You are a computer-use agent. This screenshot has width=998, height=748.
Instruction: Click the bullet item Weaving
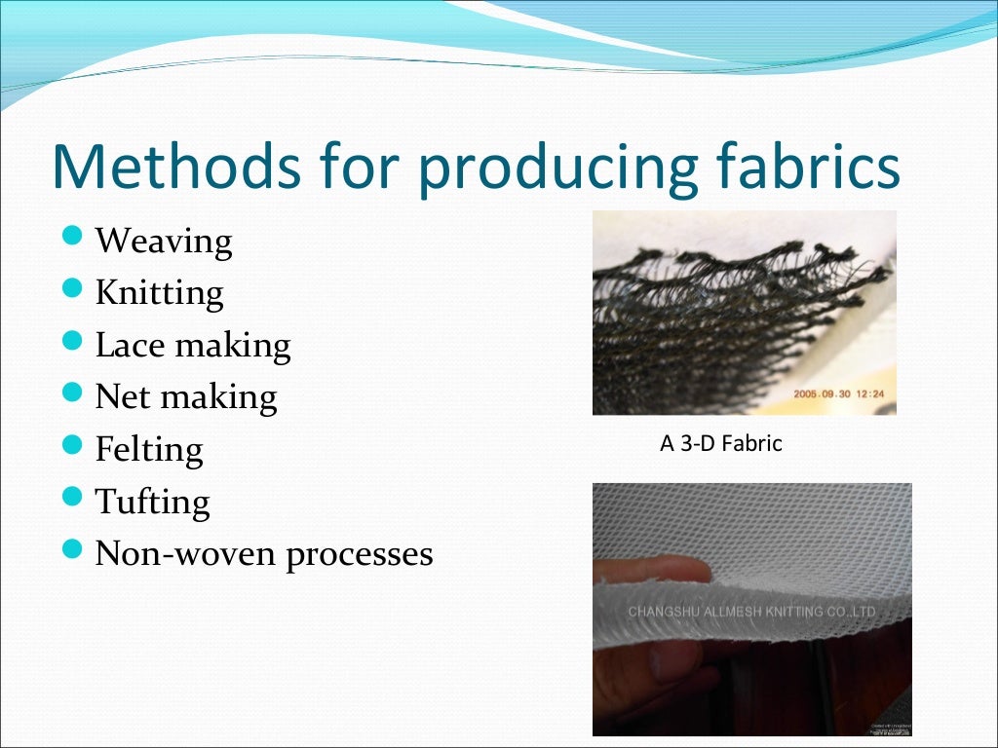tap(164, 241)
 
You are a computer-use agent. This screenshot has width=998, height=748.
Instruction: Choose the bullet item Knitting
tap(160, 293)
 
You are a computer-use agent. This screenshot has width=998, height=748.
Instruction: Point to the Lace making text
tap(193, 345)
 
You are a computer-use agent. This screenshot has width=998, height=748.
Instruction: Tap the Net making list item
tap(186, 397)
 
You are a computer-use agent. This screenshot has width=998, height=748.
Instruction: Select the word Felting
tap(149, 450)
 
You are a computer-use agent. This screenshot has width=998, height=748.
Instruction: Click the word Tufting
tap(152, 503)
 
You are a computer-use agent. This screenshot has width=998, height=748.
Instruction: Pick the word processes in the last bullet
tap(360, 554)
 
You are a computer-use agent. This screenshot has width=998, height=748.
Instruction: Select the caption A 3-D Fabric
tap(721, 444)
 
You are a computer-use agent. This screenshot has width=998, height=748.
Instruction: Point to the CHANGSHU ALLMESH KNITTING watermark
tap(751, 612)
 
